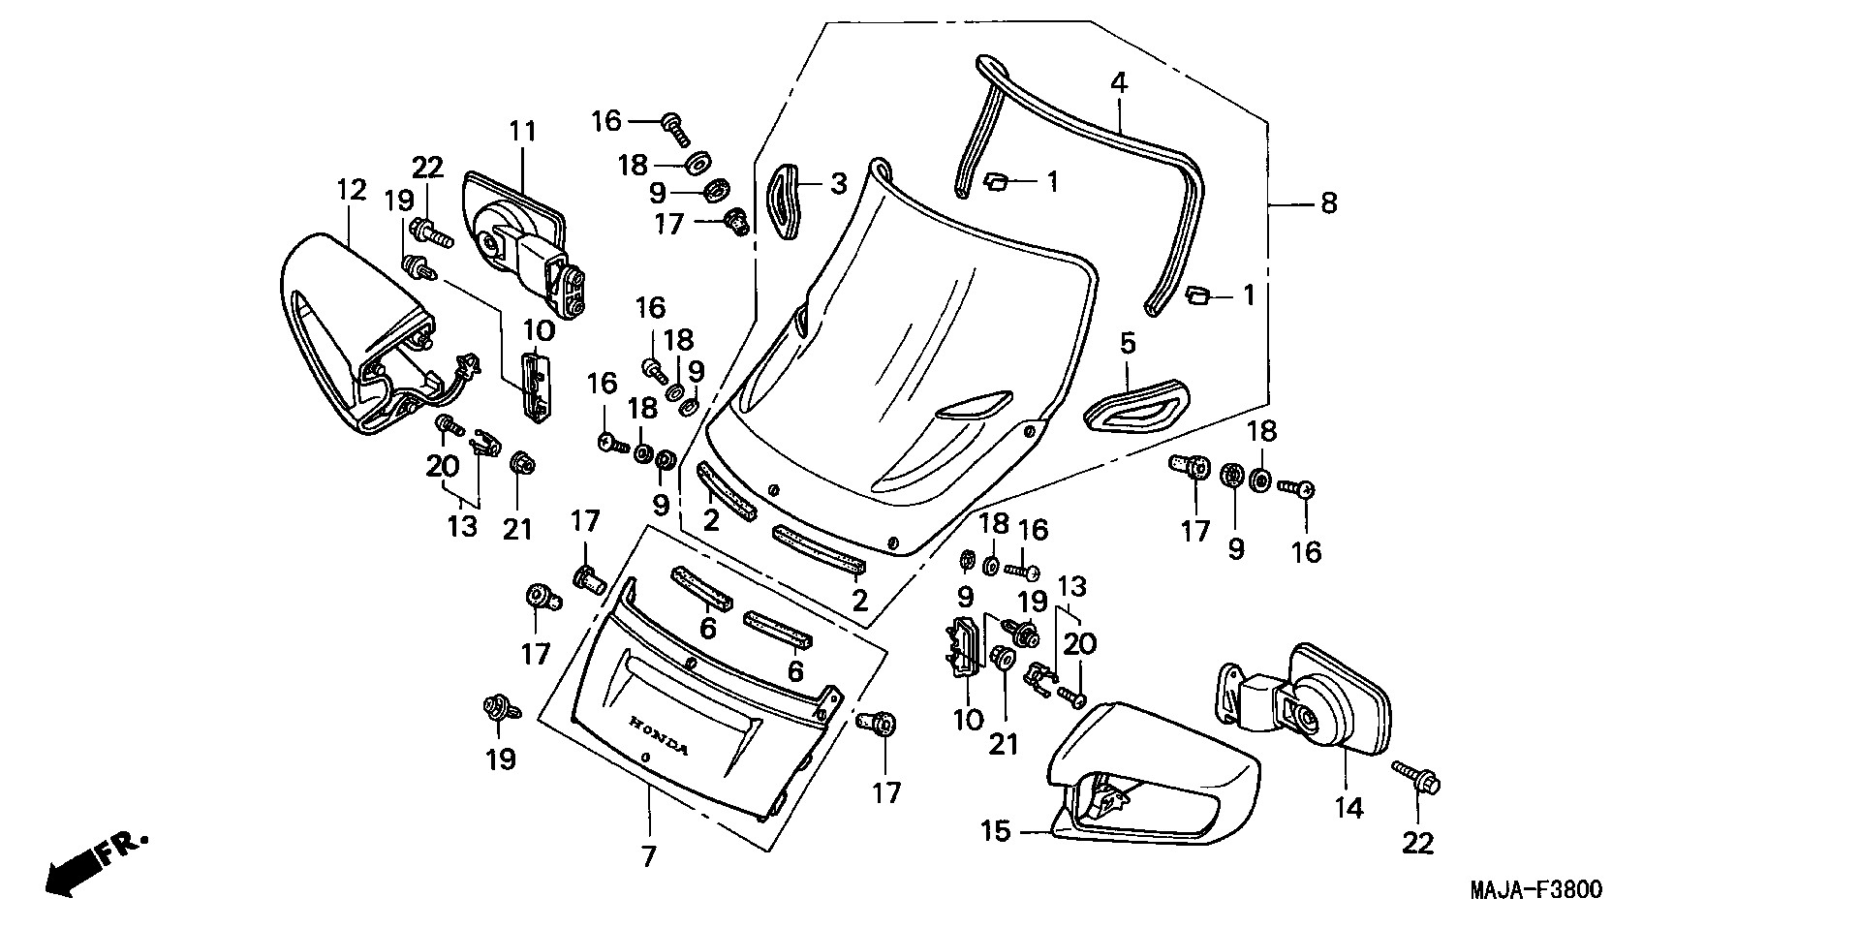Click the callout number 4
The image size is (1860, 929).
[x=1119, y=82]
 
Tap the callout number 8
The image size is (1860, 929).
[x=1328, y=203]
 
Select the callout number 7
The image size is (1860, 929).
[x=648, y=856]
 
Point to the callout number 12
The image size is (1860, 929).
[x=352, y=190]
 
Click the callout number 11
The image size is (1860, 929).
[x=523, y=131]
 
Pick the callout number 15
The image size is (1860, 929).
[x=995, y=831]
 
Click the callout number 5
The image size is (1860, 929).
[x=1128, y=343]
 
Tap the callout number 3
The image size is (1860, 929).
[x=838, y=183]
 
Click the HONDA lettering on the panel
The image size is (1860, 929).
[x=659, y=736]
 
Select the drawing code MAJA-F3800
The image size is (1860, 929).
[x=1536, y=890]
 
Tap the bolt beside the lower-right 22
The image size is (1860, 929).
[x=1417, y=777]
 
